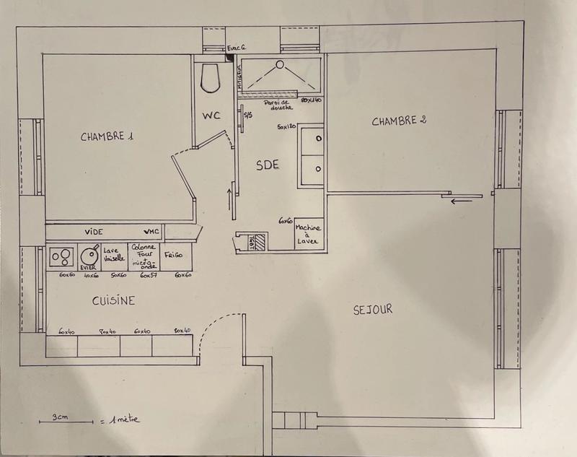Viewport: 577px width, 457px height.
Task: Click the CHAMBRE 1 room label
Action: pyautogui.click(x=107, y=136)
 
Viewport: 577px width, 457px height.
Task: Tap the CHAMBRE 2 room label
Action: pyautogui.click(x=399, y=121)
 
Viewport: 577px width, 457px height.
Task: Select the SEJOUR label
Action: pyautogui.click(x=374, y=309)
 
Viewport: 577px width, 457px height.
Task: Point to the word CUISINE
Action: pyautogui.click(x=114, y=300)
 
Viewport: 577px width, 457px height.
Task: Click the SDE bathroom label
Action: pyautogui.click(x=267, y=165)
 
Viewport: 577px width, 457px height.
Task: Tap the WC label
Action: pyautogui.click(x=211, y=116)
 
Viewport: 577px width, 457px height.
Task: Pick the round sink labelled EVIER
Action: pyautogui.click(x=90, y=255)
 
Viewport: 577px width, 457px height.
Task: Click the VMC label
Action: pyautogui.click(x=151, y=232)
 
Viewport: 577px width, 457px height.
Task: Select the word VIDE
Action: pyautogui.click(x=94, y=232)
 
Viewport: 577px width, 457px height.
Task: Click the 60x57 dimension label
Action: pyautogui.click(x=149, y=275)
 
